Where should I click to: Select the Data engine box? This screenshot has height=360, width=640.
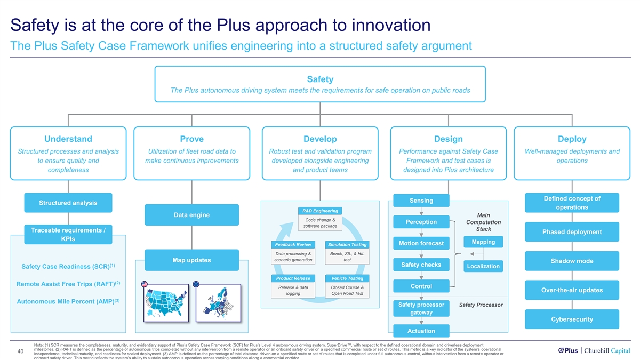[191, 215]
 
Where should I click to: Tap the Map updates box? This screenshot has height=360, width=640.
[191, 260]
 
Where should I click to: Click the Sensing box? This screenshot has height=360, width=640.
[421, 201]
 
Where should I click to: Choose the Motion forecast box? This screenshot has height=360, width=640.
[421, 243]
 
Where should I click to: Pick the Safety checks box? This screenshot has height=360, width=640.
[421, 265]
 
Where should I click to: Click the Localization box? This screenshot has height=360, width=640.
[483, 266]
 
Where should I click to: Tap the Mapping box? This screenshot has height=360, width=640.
[483, 242]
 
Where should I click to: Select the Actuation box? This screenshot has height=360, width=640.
[421, 331]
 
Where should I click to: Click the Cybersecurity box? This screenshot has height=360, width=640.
[572, 319]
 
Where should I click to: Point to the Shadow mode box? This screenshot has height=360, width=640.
[572, 261]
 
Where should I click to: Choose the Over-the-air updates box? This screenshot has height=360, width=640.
[572, 290]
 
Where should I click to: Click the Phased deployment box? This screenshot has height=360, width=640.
[572, 232]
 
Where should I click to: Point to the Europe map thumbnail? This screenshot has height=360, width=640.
[219, 302]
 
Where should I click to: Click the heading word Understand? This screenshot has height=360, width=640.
[68, 139]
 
